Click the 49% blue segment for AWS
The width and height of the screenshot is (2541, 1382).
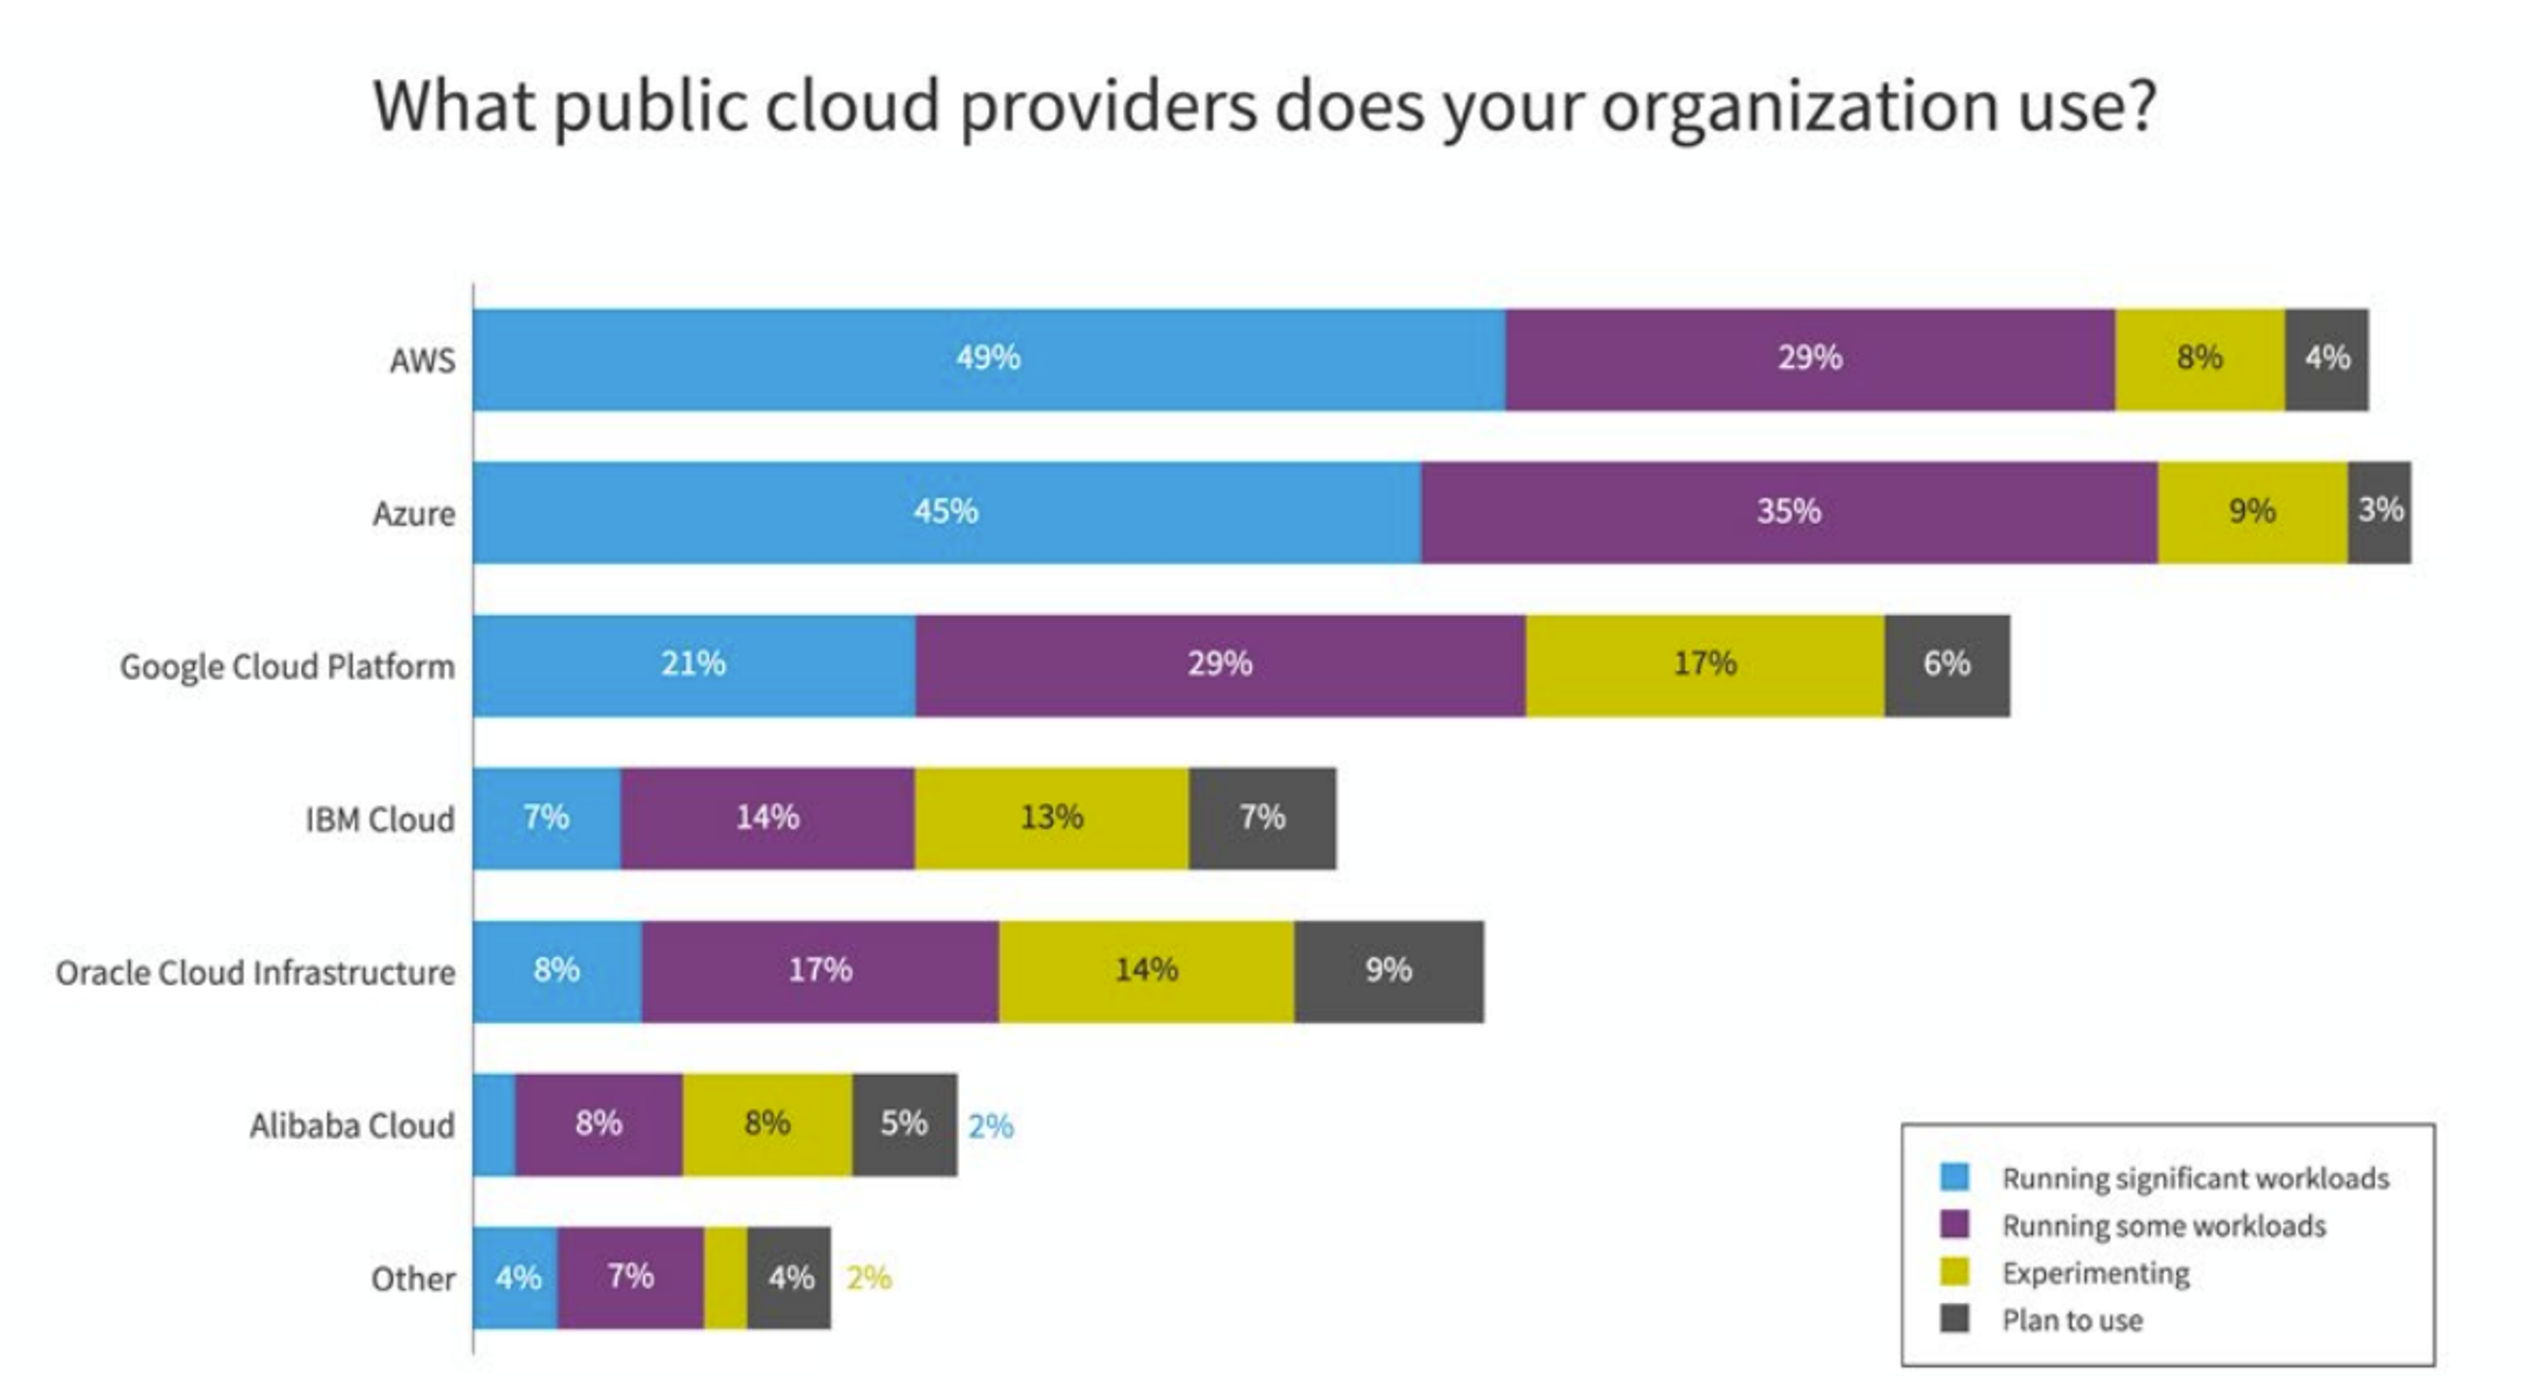click(989, 359)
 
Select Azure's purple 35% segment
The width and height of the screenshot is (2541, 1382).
click(1789, 512)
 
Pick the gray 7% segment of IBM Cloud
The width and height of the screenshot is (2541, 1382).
click(1262, 818)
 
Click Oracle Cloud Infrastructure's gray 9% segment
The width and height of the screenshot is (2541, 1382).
click(1388, 971)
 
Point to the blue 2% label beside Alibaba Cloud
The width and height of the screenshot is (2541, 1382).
click(991, 1126)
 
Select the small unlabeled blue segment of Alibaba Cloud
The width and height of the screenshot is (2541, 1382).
click(493, 1125)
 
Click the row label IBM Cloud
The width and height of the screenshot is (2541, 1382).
click(380, 819)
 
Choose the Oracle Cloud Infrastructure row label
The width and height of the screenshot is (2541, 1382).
click(255, 972)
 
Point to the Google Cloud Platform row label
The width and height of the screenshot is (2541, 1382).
click(287, 667)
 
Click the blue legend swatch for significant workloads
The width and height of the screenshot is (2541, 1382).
click(1953, 1177)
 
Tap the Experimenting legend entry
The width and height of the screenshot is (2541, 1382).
click(2095, 1273)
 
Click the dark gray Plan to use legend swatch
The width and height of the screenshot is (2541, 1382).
click(1953, 1319)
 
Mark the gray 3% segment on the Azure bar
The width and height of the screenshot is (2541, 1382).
click(2380, 512)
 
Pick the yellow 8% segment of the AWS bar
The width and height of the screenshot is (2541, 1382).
click(2199, 359)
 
